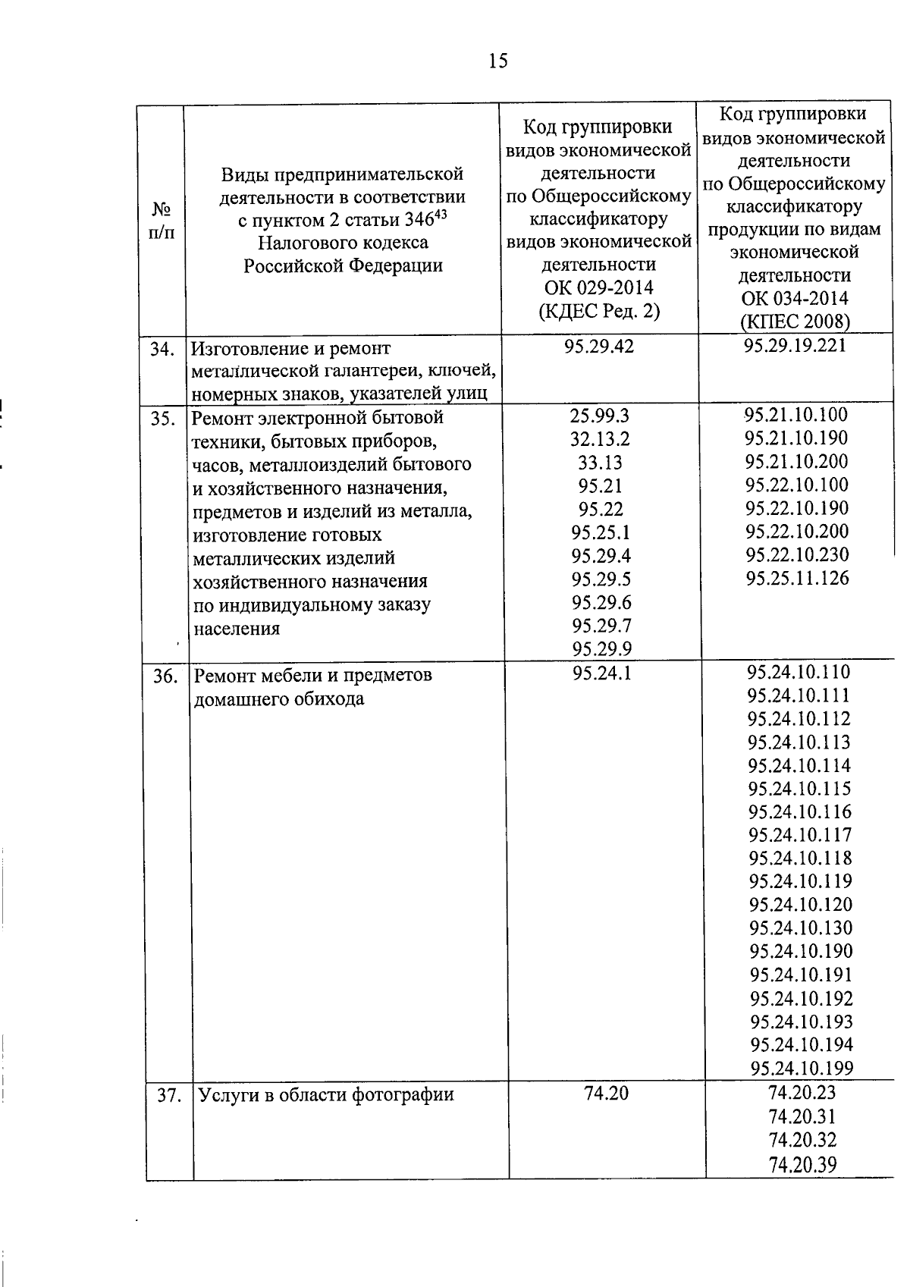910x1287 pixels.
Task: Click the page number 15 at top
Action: pyautogui.click(x=497, y=61)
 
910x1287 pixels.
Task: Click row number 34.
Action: pyautogui.click(x=162, y=349)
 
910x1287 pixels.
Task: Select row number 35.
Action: pyautogui.click(x=163, y=418)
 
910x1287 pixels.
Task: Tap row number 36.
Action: pyautogui.click(x=165, y=676)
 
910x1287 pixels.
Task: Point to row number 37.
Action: pyautogui.click(x=169, y=1096)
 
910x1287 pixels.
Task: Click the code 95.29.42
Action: pyautogui.click(x=598, y=347)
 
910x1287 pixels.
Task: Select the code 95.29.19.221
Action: pyautogui.click(x=795, y=346)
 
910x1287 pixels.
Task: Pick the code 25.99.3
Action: pyautogui.click(x=600, y=416)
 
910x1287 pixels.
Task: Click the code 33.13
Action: pyautogui.click(x=600, y=462)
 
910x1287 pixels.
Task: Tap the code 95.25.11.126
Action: pyautogui.click(x=797, y=579)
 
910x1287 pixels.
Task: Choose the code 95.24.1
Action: pyautogui.click(x=601, y=673)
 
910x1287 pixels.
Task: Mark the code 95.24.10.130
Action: pyautogui.click(x=801, y=928)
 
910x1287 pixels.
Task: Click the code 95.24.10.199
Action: pyautogui.click(x=802, y=1069)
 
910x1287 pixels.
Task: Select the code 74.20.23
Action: pyautogui.click(x=802, y=1093)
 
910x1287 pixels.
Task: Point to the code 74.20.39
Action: pyautogui.click(x=802, y=1165)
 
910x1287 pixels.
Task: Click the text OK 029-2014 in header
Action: pyautogui.click(x=598, y=288)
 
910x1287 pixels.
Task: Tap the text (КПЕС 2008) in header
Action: pyautogui.click(x=795, y=322)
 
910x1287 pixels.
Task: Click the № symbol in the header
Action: pyautogui.click(x=161, y=209)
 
